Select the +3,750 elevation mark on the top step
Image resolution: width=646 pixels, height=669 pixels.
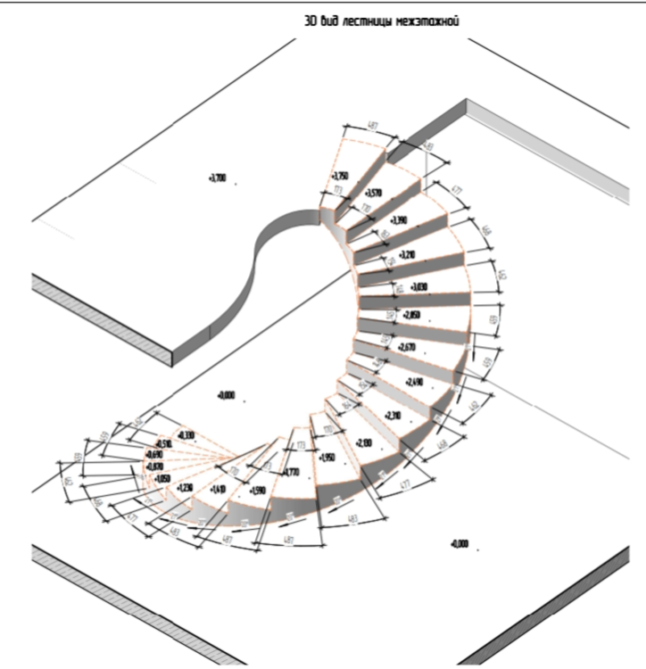point(340,177)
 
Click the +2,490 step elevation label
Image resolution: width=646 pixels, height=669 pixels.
point(415,383)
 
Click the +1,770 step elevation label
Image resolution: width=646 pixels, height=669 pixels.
point(291,472)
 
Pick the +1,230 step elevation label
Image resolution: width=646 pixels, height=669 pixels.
point(186,488)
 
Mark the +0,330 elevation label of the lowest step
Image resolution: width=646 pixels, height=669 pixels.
point(186,434)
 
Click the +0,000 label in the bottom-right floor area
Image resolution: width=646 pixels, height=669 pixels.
point(460,544)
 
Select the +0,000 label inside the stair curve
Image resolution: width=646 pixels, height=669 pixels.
point(226,395)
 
